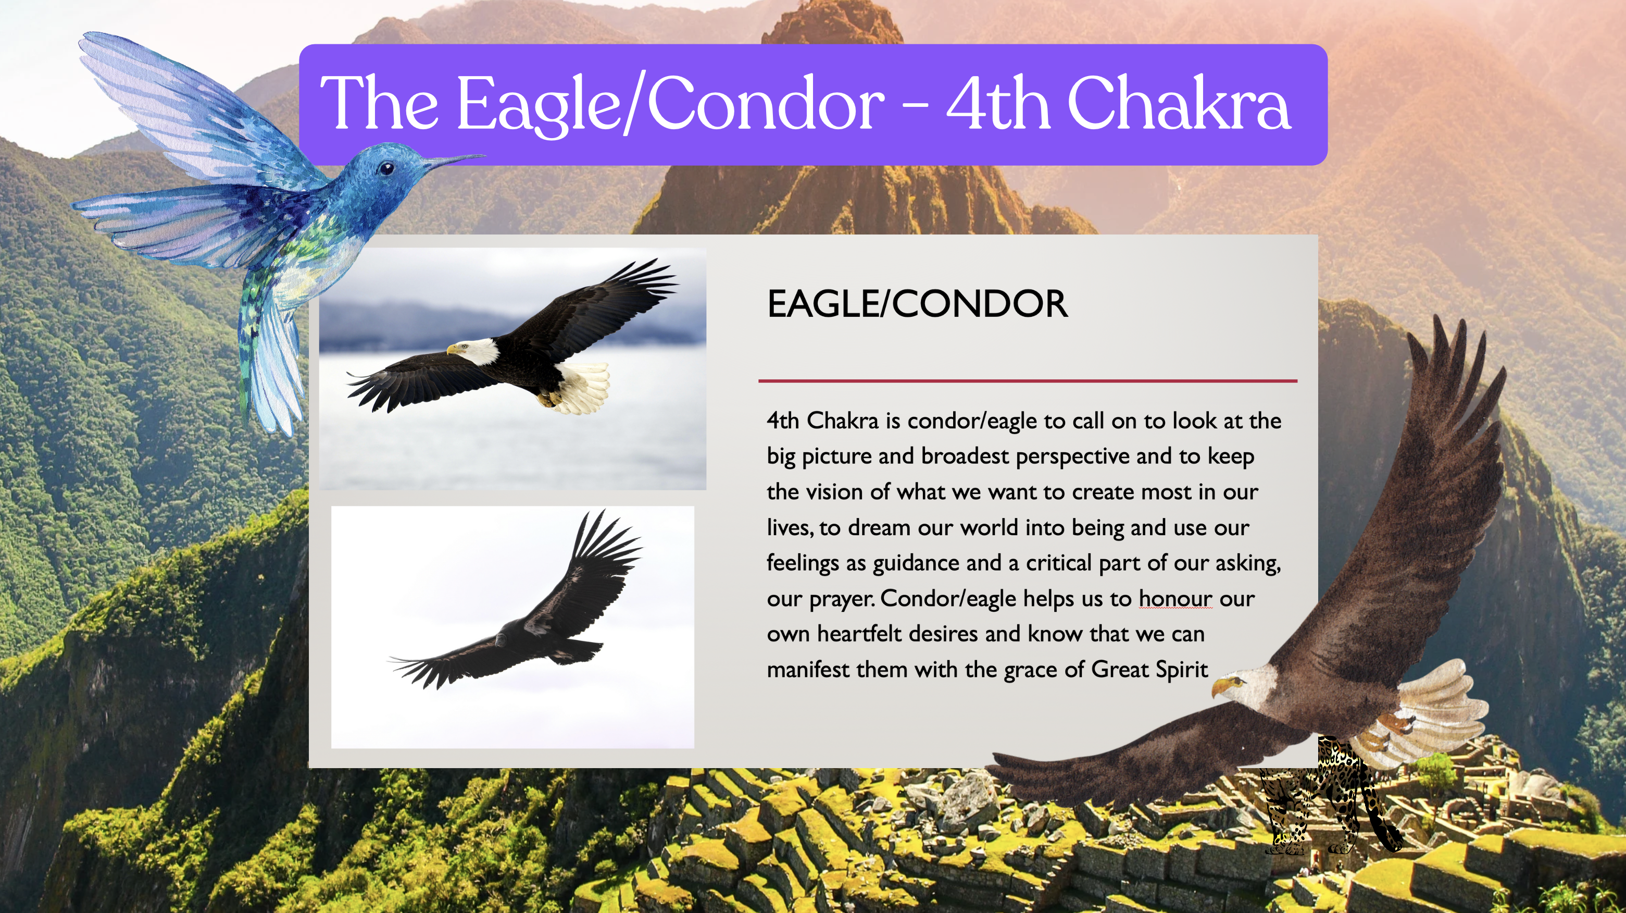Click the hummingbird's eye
pos(386,168)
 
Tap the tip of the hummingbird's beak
pos(485,155)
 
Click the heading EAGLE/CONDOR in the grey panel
pos(917,304)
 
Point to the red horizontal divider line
pos(1028,381)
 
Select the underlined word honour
pos(1175,599)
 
